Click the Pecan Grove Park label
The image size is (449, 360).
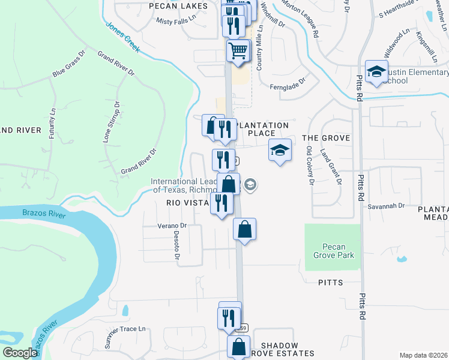337,251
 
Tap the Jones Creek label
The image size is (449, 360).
122,37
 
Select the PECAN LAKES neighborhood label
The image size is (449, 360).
178,6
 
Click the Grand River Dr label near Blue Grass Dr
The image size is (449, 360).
116,64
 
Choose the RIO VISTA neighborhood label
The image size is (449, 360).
187,203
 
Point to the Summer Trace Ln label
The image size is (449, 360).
125,337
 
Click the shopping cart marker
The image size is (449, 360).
238,50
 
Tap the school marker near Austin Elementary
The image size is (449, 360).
377,73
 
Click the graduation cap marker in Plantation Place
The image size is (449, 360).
280,150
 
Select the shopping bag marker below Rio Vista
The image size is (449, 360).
245,229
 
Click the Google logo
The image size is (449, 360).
19,352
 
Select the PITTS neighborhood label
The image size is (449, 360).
331,282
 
